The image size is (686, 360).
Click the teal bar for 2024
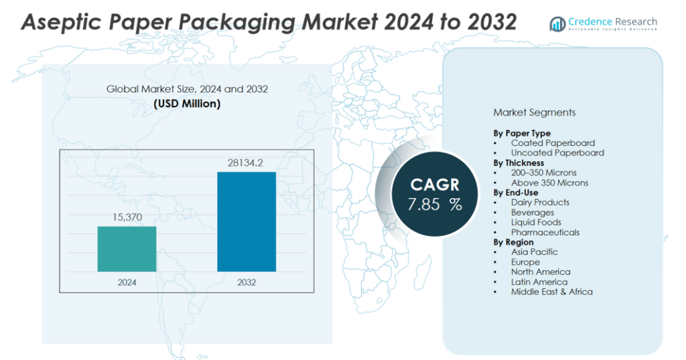127,249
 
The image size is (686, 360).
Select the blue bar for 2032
247,222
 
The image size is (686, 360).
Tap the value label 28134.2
247,162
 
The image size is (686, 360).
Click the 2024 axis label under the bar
127,282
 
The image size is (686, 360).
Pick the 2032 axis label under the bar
247,282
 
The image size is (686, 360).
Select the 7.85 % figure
435,204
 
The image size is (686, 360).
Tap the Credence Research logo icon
557,25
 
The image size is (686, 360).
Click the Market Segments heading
534,113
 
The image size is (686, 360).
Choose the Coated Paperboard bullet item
553,143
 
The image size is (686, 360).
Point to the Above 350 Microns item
549,182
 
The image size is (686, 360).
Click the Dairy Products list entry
540,202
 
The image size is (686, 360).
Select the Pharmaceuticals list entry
545,232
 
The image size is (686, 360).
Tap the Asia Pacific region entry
534,252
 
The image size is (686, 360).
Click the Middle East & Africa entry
551,292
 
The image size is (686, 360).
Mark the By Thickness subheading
519,163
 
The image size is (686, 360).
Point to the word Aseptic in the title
63,22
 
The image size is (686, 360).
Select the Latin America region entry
539,282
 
